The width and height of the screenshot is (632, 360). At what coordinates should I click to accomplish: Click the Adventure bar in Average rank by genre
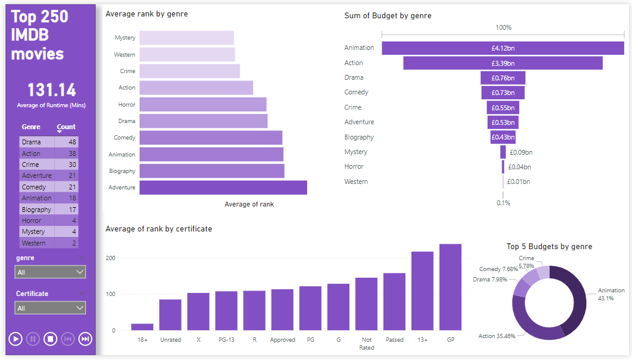pyautogui.click(x=223, y=188)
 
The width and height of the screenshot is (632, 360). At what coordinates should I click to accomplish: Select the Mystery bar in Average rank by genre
pyautogui.click(x=186, y=38)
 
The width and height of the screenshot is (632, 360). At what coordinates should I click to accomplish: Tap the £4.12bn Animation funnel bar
pyautogui.click(x=503, y=48)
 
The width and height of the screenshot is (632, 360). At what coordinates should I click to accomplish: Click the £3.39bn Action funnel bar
pyautogui.click(x=503, y=63)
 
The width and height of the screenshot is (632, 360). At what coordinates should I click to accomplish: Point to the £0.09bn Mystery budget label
pyautogui.click(x=521, y=152)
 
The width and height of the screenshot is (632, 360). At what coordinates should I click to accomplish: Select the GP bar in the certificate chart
pyautogui.click(x=450, y=287)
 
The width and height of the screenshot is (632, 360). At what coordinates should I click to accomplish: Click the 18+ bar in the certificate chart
pyautogui.click(x=142, y=326)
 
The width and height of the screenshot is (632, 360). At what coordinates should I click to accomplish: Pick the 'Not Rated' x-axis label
pyautogui.click(x=366, y=344)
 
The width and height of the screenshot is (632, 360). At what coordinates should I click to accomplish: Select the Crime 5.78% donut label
pyautogui.click(x=526, y=262)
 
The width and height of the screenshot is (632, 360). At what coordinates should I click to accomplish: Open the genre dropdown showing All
pyautogui.click(x=51, y=272)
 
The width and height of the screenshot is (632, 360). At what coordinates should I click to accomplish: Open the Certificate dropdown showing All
pyautogui.click(x=51, y=308)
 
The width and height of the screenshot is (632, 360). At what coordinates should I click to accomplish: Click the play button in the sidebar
pyautogui.click(x=16, y=339)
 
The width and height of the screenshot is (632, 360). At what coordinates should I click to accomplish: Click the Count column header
pyautogui.click(x=66, y=127)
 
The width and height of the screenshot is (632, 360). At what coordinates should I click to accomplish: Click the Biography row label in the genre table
pyautogui.click(x=37, y=210)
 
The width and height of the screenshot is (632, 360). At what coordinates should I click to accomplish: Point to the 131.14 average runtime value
pyautogui.click(x=51, y=90)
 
